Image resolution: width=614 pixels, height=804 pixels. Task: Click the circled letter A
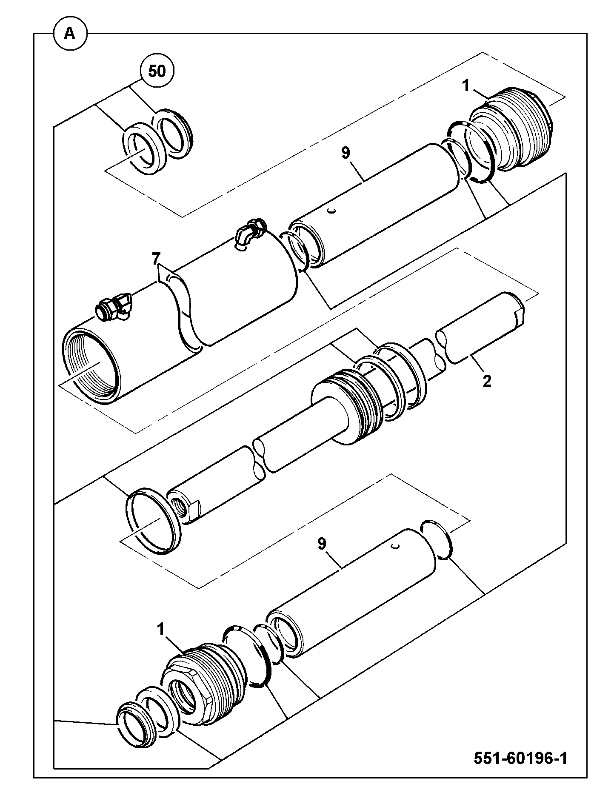pos(70,34)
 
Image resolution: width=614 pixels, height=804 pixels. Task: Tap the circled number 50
pos(157,71)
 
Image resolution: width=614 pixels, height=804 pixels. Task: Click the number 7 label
pos(156,258)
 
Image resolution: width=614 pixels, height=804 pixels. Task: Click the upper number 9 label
pos(345,153)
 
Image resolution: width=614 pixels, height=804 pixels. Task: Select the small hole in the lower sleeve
pos(396,547)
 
